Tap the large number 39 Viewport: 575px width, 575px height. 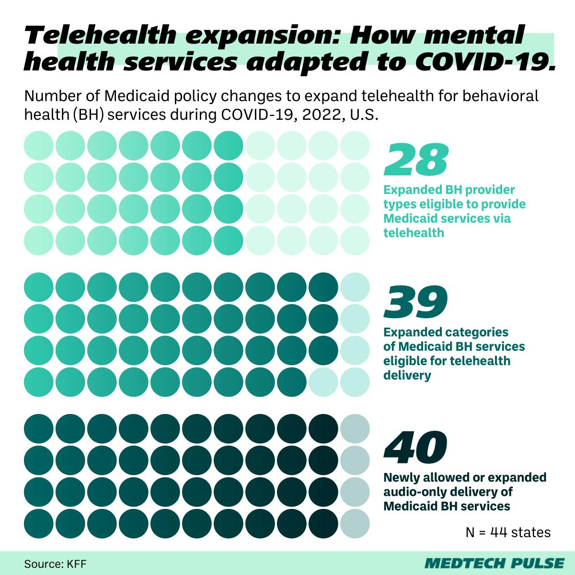coord(416,302)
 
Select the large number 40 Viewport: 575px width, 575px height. coord(416,446)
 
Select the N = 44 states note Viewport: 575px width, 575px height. coord(507,532)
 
